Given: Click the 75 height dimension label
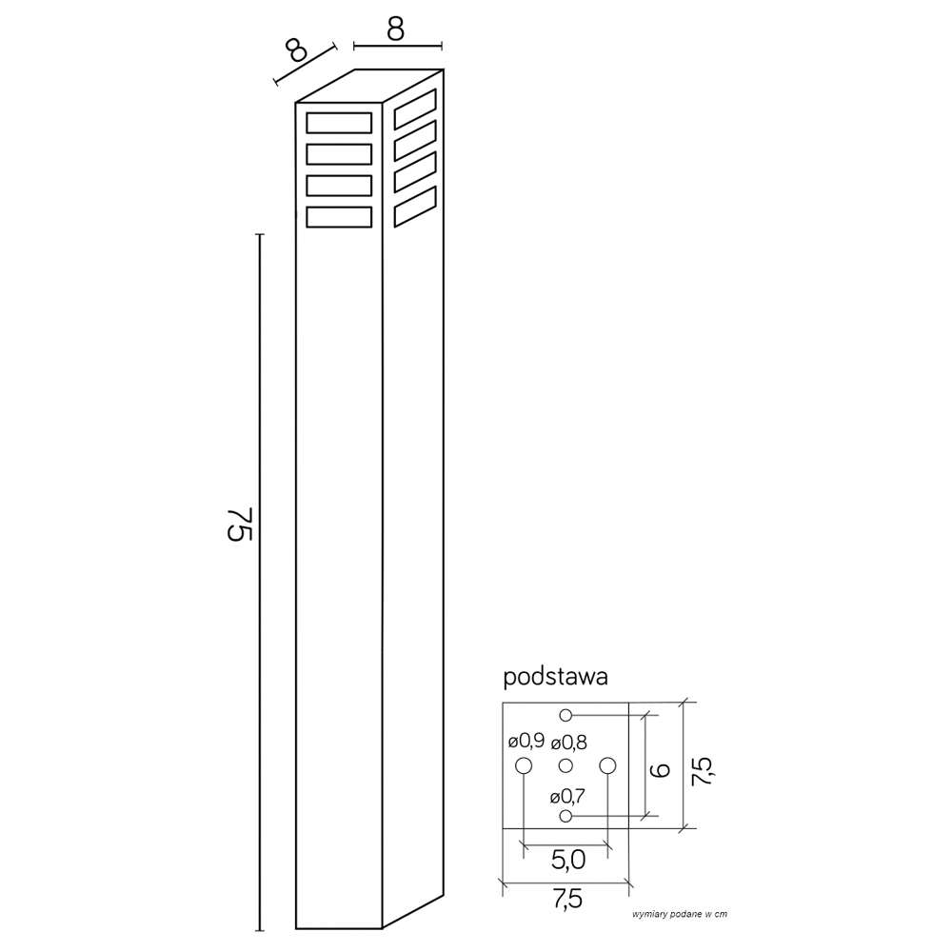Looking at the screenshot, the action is click(239, 523).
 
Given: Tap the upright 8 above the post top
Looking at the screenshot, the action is click(395, 29).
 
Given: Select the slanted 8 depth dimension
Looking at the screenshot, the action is click(297, 50).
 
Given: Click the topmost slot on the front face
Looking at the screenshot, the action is click(339, 123).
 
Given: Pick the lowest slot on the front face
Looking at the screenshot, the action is click(339, 217).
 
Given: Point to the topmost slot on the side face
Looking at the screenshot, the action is click(415, 109).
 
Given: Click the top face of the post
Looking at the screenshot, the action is click(369, 86).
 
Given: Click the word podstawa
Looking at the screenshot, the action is click(556, 677).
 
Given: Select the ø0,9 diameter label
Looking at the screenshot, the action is click(526, 742).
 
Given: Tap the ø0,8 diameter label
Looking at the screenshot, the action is click(569, 742).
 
